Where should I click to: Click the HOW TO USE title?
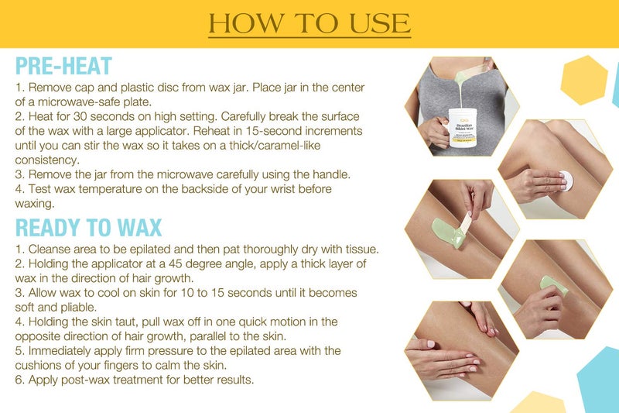[x=309, y=23]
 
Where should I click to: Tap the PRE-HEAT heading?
[x=63, y=66]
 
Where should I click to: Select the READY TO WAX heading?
[x=88, y=228]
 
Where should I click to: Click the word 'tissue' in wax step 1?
[x=359, y=250]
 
